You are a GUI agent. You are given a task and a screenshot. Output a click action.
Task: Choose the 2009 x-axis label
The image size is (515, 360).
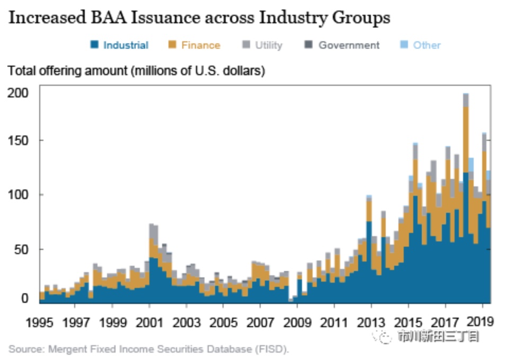(297, 321)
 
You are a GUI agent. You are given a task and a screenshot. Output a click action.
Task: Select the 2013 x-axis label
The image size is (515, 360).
(371, 321)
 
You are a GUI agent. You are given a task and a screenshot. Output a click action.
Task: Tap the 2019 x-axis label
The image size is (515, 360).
(483, 321)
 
